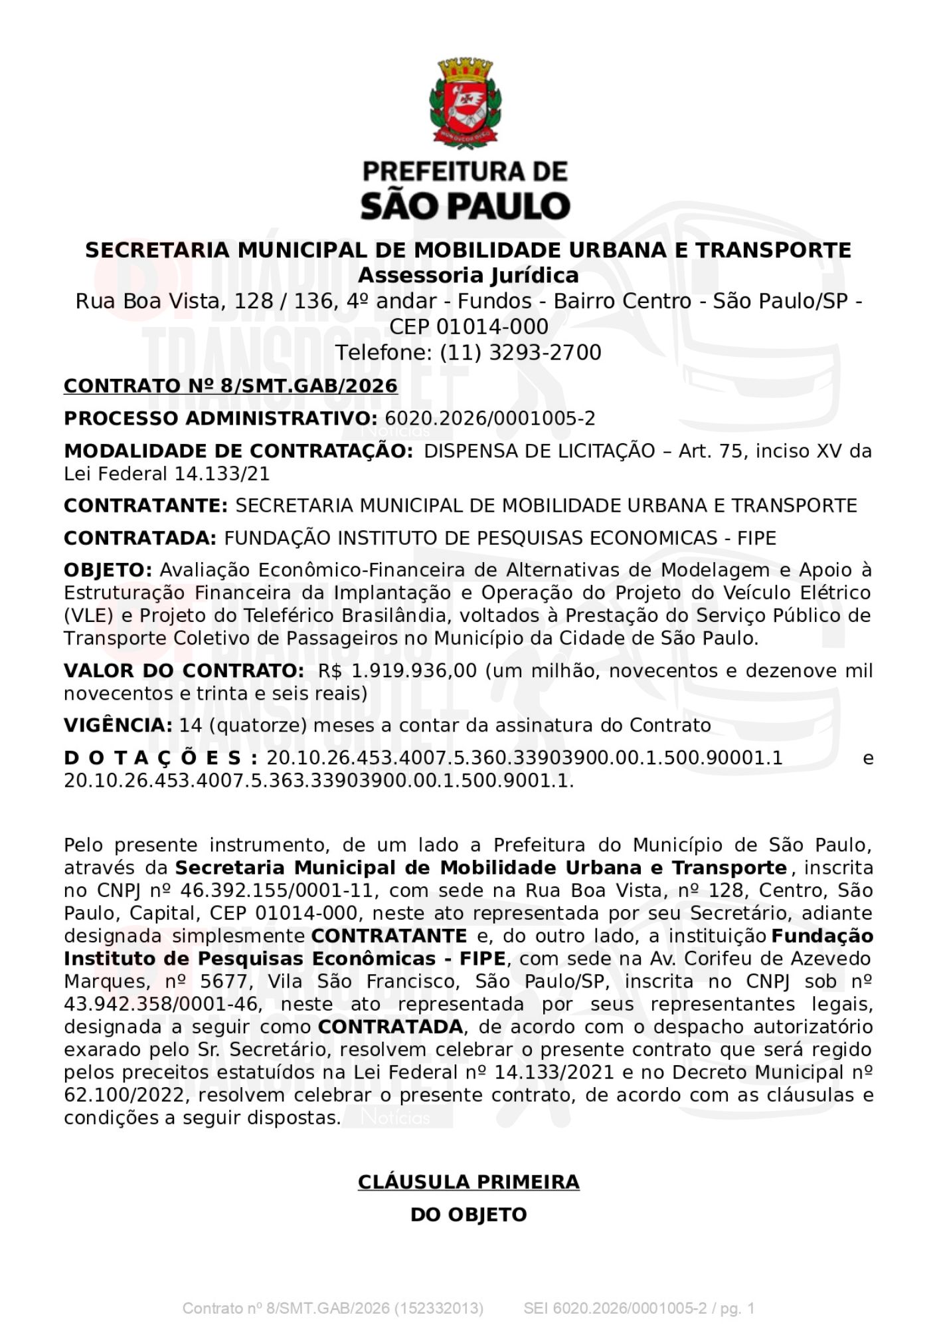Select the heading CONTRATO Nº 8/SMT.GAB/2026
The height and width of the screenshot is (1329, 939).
point(230,386)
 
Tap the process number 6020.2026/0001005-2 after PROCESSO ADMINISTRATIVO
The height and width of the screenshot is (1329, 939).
point(490,419)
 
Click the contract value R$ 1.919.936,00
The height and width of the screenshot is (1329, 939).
point(397,670)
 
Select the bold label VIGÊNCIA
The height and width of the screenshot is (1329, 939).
point(118,725)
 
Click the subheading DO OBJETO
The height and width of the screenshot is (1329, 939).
point(468,1215)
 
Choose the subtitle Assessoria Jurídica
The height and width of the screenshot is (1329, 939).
point(468,275)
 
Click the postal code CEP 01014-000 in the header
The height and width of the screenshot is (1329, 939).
point(468,327)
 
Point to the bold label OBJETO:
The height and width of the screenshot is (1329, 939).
point(108,570)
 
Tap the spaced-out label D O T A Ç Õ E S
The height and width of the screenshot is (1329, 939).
point(160,758)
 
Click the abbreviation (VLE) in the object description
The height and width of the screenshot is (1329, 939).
point(89,615)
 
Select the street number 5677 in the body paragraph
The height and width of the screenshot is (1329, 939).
point(222,981)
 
